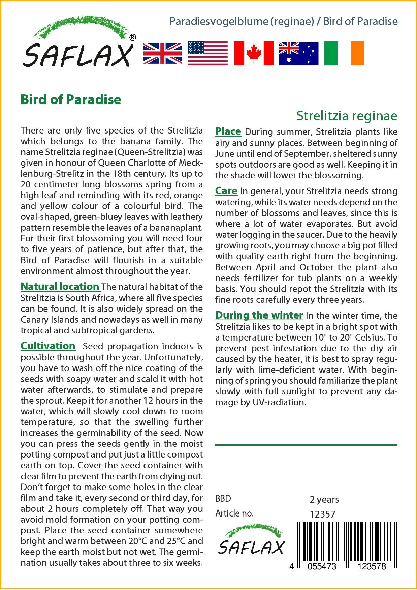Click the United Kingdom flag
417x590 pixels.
(162, 54)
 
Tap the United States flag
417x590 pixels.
(207, 54)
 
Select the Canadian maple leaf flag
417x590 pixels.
(254, 54)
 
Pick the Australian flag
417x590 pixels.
(298, 54)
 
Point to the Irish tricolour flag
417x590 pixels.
(344, 54)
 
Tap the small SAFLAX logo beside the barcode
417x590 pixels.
(251, 541)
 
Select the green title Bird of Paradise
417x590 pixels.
(71, 99)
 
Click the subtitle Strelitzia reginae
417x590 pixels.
(347, 116)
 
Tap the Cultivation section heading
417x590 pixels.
(48, 346)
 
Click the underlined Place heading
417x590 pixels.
(228, 131)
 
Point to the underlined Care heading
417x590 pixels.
(226, 191)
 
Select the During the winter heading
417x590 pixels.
(259, 315)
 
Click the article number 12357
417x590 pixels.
(322, 514)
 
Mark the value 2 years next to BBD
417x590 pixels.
(324, 499)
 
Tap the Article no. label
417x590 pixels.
(234, 513)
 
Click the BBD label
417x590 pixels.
(223, 499)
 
